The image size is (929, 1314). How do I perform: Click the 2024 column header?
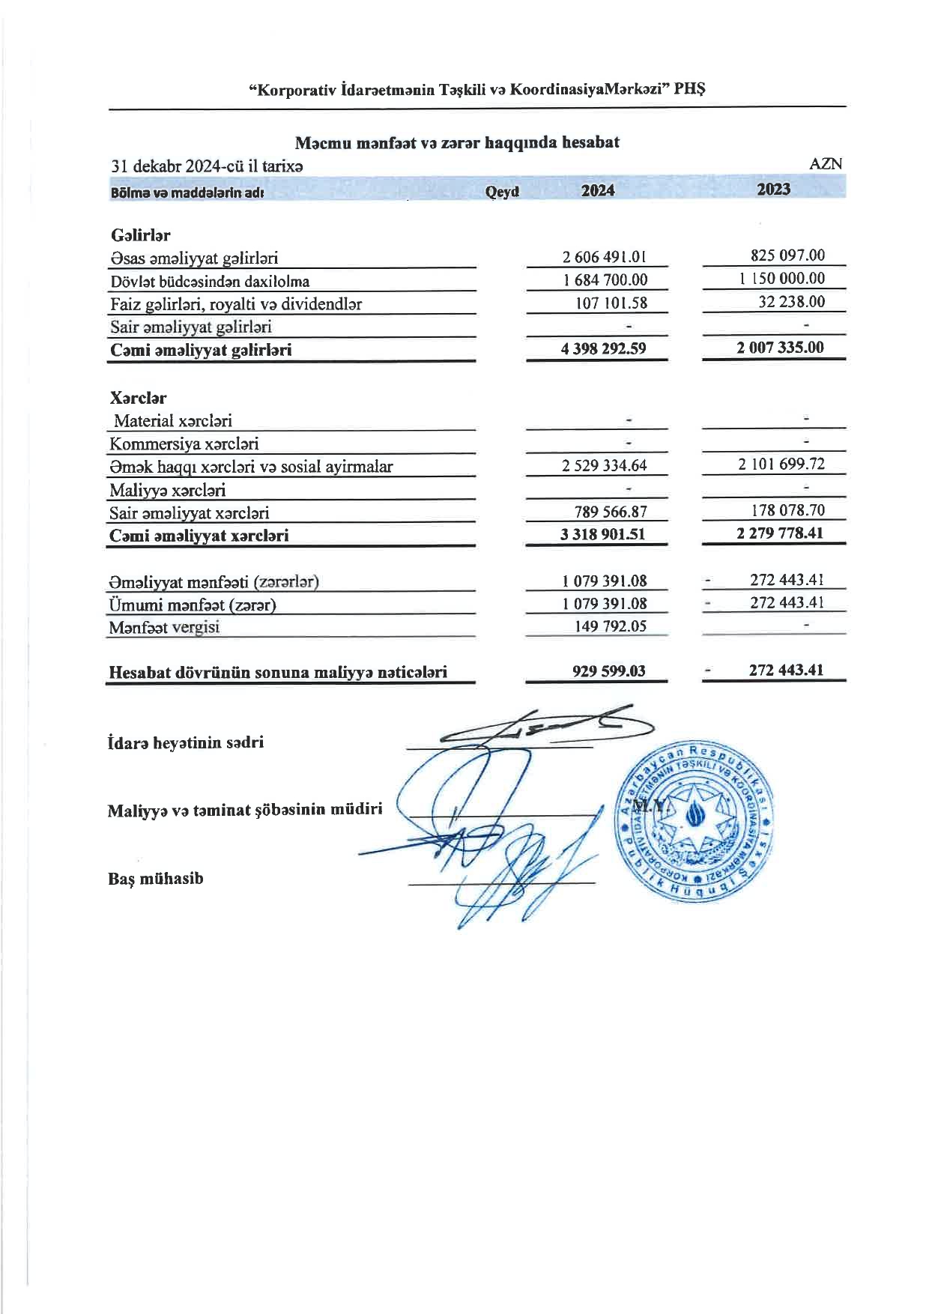point(597,190)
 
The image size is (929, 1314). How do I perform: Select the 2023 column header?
point(773,189)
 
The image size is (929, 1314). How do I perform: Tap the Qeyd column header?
point(502,192)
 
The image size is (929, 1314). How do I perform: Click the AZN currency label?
point(826,164)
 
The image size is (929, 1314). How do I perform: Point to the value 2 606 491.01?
point(604,257)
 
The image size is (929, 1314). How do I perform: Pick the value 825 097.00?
point(787,255)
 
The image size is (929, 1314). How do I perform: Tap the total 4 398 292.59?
point(603,348)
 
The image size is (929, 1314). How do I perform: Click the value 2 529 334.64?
point(604,465)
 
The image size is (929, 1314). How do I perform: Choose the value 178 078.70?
point(787,510)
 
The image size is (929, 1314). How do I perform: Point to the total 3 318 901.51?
point(602,534)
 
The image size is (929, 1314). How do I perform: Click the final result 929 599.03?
point(608,670)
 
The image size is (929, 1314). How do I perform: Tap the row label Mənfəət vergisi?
point(164,628)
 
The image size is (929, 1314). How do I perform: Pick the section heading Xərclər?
point(138,398)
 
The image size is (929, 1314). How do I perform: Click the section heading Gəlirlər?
point(140,235)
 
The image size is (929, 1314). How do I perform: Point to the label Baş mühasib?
point(155,879)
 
